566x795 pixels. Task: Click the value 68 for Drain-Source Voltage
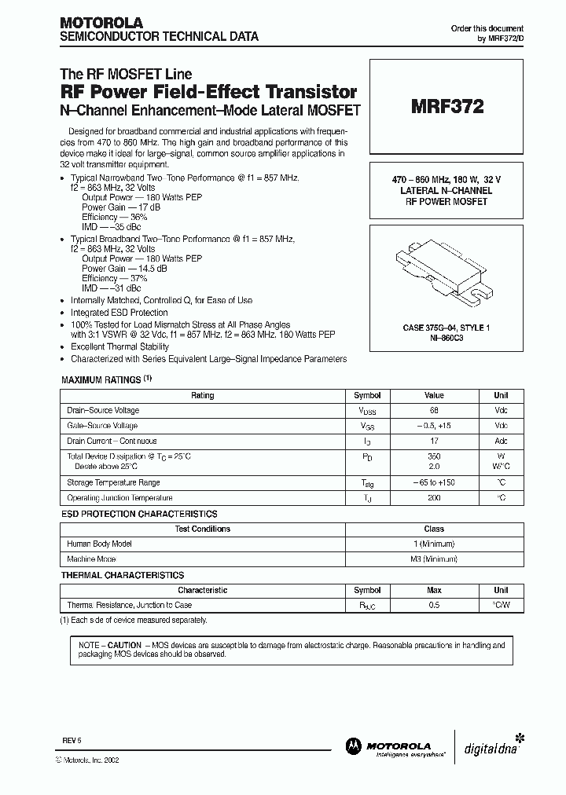coord(434,410)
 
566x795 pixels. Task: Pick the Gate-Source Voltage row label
coord(103,425)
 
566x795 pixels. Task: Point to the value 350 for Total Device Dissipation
coord(434,456)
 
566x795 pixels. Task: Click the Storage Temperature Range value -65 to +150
coord(434,482)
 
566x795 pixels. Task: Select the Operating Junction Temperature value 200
coord(434,498)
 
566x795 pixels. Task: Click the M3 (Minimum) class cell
coord(434,559)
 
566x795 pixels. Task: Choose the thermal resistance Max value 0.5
coord(434,605)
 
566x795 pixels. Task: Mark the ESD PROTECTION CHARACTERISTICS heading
coord(139,514)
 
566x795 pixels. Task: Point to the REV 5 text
coord(72,740)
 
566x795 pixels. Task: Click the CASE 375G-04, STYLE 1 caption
coord(444,327)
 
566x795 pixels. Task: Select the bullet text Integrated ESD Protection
coord(119,313)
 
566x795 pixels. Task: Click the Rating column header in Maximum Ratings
coord(202,395)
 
